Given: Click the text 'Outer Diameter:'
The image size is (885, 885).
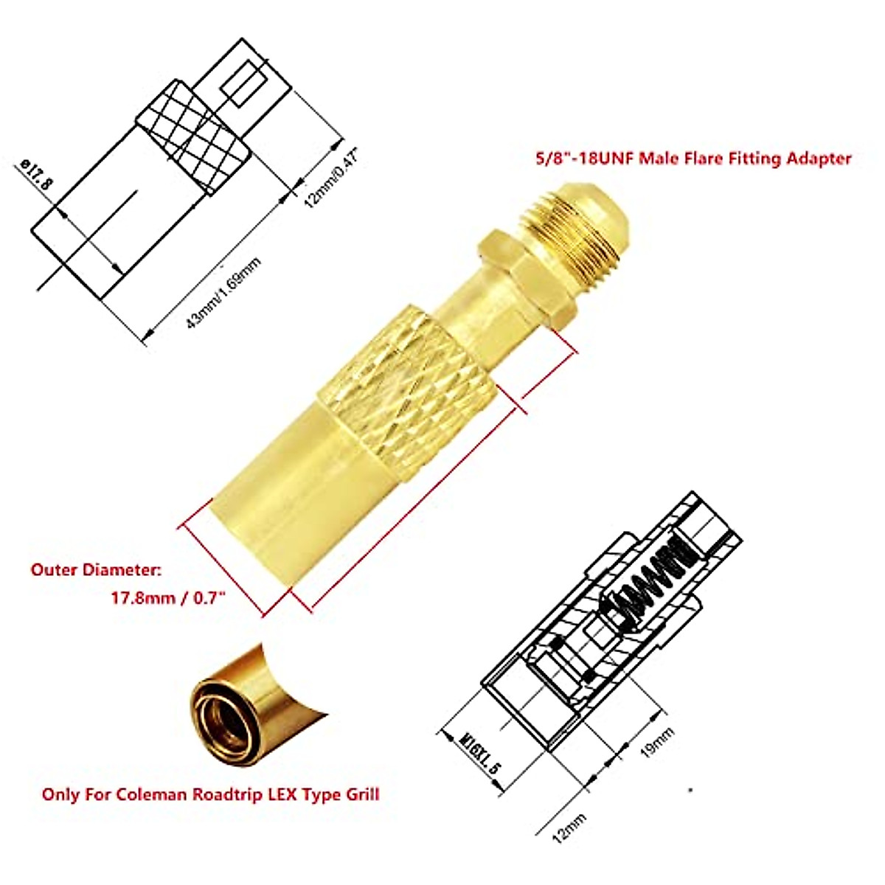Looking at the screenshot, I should pyautogui.click(x=95, y=569).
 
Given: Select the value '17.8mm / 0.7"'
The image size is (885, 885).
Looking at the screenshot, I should pyautogui.click(x=168, y=598).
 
